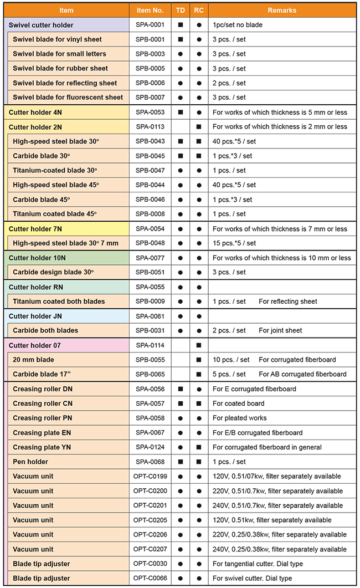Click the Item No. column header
(x=150, y=11)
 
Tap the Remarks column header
(x=282, y=11)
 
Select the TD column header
(x=181, y=11)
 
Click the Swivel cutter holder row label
(x=41, y=25)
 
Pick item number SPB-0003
(x=150, y=54)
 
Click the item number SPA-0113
(x=150, y=126)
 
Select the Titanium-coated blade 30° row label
(x=55, y=170)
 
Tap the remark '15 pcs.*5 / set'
(x=234, y=243)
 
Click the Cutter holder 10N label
(x=37, y=258)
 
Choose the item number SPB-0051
(x=150, y=272)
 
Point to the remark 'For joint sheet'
(x=280, y=330)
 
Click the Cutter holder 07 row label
(x=35, y=345)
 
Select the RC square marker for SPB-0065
(x=199, y=374)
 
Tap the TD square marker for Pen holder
(x=181, y=462)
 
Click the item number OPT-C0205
(x=150, y=520)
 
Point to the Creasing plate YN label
(x=42, y=447)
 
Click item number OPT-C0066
(x=150, y=578)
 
